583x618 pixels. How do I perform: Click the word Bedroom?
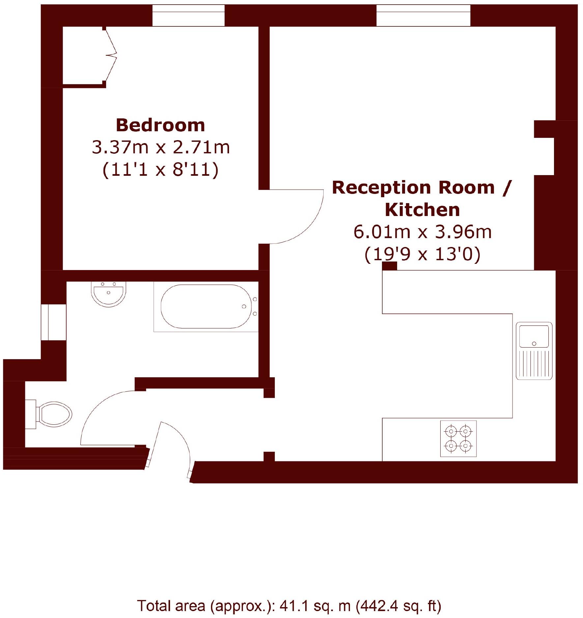(x=160, y=125)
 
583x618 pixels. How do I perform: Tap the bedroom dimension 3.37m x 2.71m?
(x=160, y=147)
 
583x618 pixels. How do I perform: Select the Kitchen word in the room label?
(x=422, y=210)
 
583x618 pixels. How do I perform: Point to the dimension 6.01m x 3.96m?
(x=422, y=232)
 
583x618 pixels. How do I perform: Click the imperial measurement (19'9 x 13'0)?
(x=422, y=254)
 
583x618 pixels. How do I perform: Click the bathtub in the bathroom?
(x=206, y=306)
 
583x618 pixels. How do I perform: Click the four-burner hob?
(x=458, y=439)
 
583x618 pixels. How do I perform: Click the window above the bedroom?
(x=188, y=15)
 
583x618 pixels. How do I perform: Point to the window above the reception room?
(x=423, y=15)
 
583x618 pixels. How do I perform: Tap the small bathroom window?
(x=53, y=322)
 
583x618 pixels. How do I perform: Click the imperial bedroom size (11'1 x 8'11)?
(x=160, y=170)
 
